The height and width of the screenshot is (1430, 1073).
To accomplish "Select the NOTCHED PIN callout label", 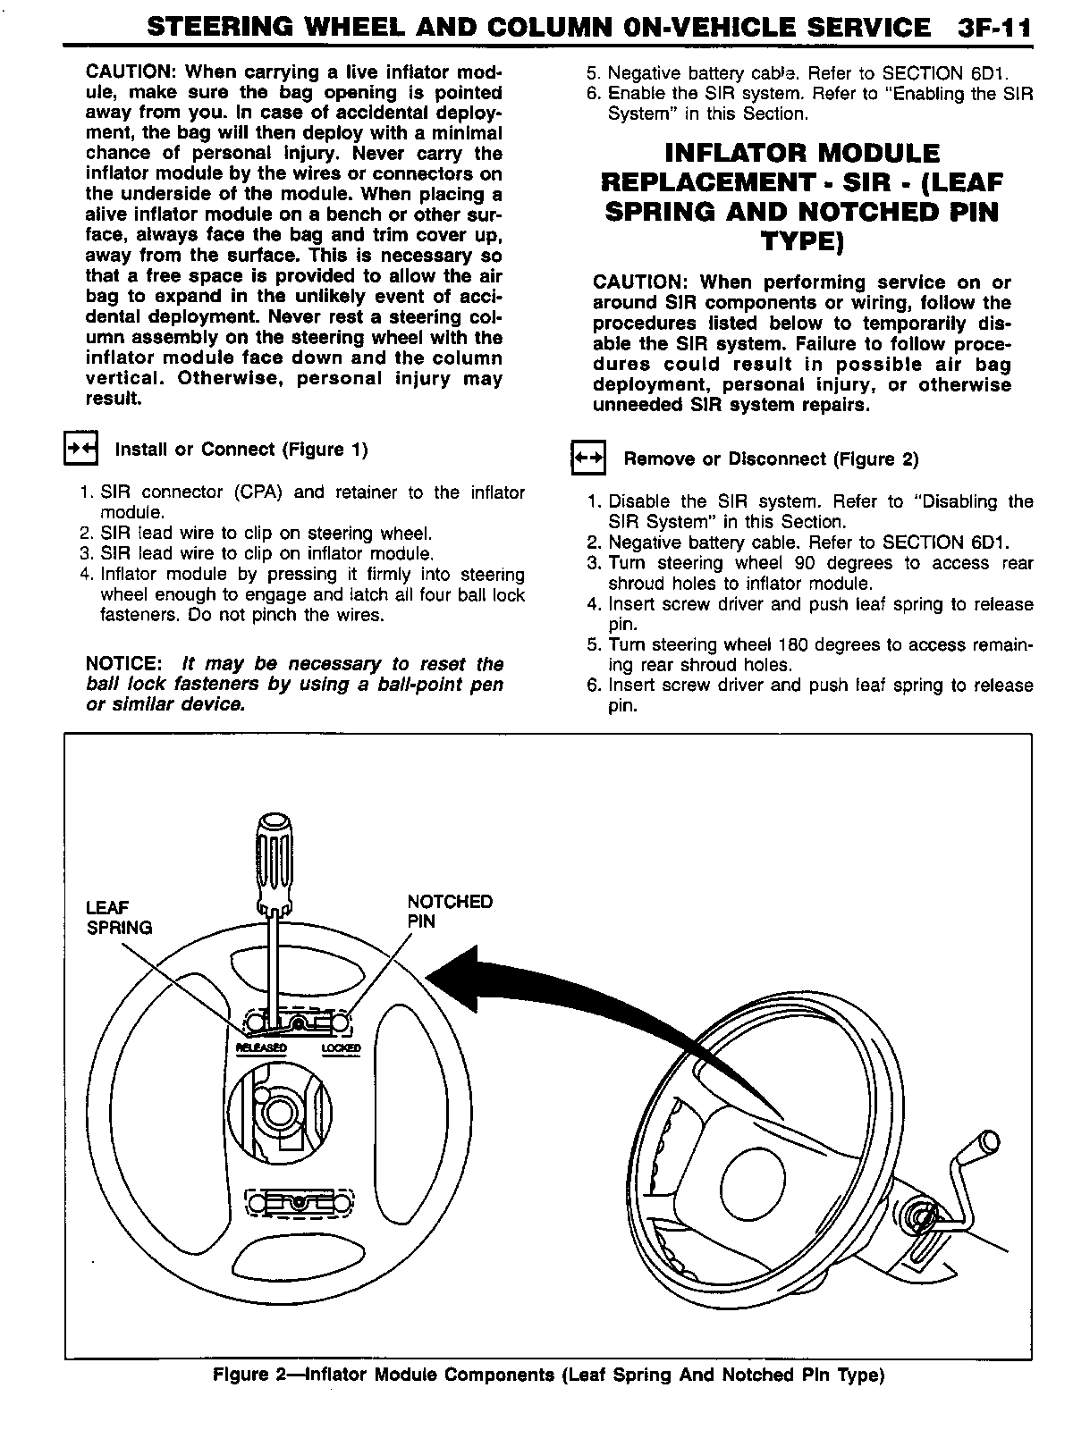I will [450, 911].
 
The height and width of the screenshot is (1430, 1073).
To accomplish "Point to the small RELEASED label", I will [261, 1047].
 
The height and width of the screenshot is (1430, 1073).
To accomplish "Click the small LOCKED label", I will [341, 1047].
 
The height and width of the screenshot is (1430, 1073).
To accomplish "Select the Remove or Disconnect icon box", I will [588, 459].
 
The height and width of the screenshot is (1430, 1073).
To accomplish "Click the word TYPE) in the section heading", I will [802, 241].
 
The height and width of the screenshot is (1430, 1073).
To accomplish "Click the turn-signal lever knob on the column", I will [989, 1141].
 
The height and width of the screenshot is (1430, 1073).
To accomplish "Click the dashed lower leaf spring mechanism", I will [300, 1203].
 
